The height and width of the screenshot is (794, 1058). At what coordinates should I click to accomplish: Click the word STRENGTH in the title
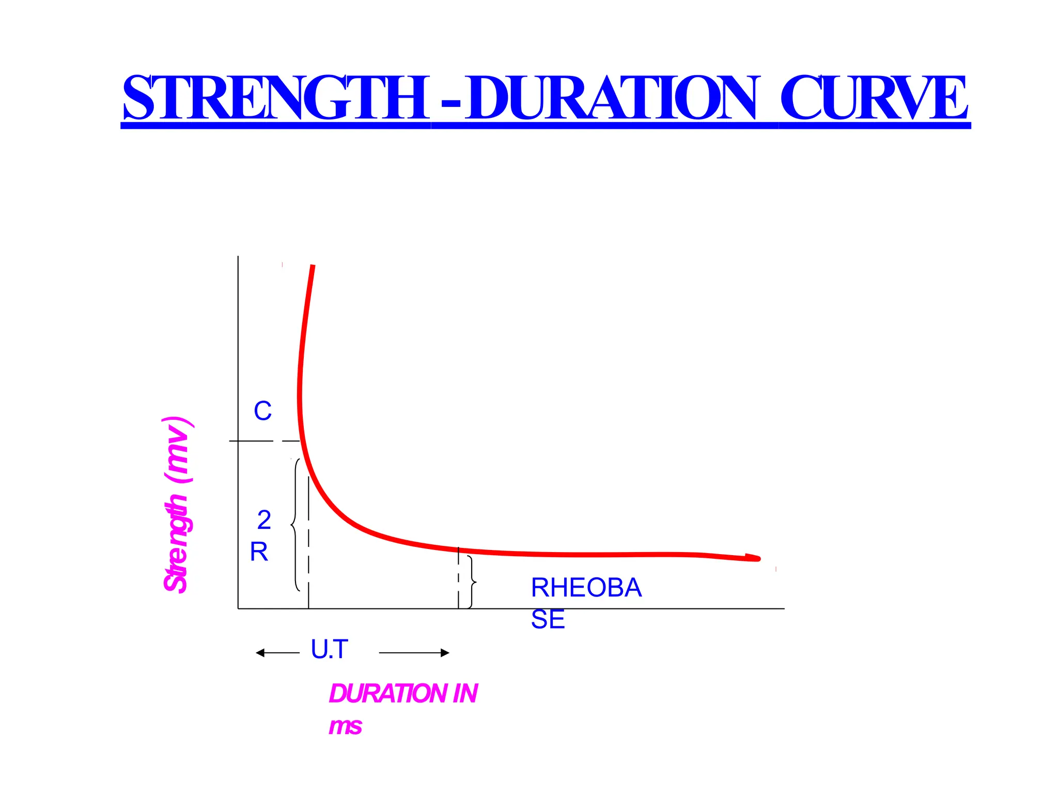tap(275, 98)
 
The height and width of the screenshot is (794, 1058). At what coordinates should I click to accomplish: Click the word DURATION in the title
tap(612, 98)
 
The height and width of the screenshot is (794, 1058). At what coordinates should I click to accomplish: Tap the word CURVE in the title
tap(873, 98)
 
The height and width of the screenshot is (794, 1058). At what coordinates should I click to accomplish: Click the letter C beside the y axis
tap(262, 411)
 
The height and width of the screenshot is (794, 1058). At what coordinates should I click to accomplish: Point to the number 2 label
tap(264, 520)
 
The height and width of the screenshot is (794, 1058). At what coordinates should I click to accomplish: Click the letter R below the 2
tap(259, 552)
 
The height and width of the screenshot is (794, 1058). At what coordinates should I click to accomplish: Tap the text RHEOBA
tap(586, 588)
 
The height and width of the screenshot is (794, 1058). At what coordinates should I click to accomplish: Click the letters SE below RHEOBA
tap(548, 619)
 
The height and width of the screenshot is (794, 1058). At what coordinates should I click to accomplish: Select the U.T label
tap(330, 649)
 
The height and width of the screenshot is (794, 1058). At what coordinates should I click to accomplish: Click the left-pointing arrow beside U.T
tap(277, 653)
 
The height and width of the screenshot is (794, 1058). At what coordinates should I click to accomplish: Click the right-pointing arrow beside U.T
tap(414, 653)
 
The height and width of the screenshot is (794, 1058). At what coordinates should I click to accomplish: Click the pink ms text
tap(345, 726)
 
